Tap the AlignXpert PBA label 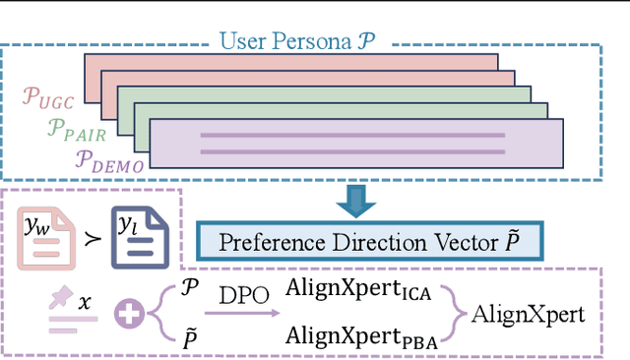(x=363, y=336)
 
